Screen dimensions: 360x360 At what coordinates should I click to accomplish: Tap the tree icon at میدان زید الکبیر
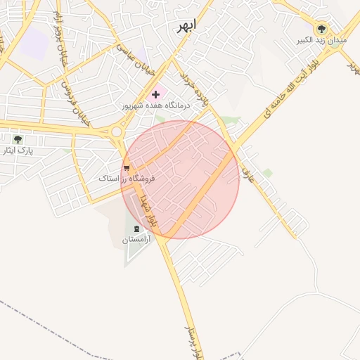tap(321, 29)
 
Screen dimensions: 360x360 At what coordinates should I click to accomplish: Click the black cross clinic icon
tap(155, 94)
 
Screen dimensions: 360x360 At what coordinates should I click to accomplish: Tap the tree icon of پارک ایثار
tap(18, 139)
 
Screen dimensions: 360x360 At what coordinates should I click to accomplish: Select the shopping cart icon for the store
tap(127, 167)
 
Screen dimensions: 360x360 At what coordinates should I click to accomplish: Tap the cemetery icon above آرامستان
tap(136, 229)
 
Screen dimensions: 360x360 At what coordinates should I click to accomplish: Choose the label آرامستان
tap(136, 240)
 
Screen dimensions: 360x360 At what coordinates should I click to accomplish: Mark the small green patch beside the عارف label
tap(267, 172)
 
